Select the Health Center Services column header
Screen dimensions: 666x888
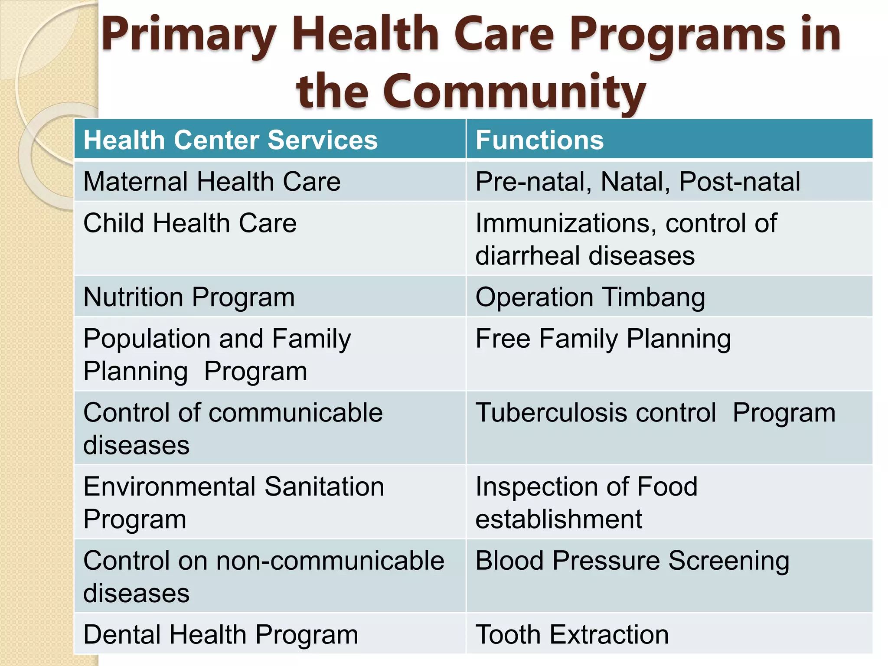(x=230, y=140)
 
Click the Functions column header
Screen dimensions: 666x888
(x=539, y=140)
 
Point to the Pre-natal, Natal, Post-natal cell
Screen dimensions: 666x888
(x=637, y=181)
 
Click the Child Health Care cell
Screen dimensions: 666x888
(x=190, y=223)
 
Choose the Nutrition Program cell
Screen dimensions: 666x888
(x=189, y=297)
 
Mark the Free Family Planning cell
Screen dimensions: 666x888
(x=603, y=339)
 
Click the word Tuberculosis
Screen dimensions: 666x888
(x=552, y=413)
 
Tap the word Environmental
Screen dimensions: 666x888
(x=169, y=486)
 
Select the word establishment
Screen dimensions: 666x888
(x=558, y=519)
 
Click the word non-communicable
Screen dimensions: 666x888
(x=330, y=561)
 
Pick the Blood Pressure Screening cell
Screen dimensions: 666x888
(x=632, y=561)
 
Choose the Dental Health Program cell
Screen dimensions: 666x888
(x=220, y=635)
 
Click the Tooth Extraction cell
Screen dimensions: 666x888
(x=571, y=635)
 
